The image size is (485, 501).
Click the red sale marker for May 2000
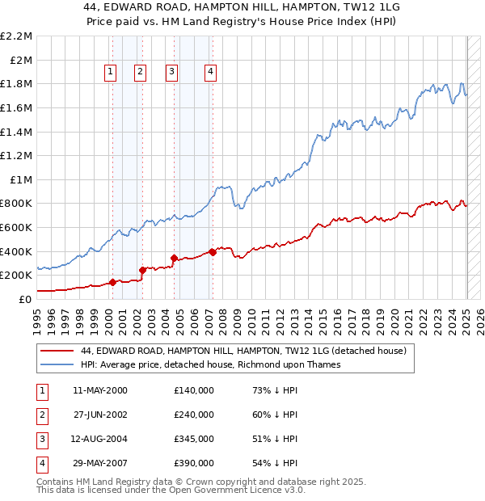(x=112, y=282)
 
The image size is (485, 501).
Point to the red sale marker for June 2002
(x=142, y=270)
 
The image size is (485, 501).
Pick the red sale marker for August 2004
(x=174, y=258)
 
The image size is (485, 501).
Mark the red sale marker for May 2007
(x=213, y=252)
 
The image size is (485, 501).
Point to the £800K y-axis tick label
(x=17, y=204)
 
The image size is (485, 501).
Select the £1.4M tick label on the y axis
(x=17, y=132)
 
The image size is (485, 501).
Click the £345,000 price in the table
(x=193, y=439)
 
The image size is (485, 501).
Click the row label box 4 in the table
(x=40, y=463)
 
